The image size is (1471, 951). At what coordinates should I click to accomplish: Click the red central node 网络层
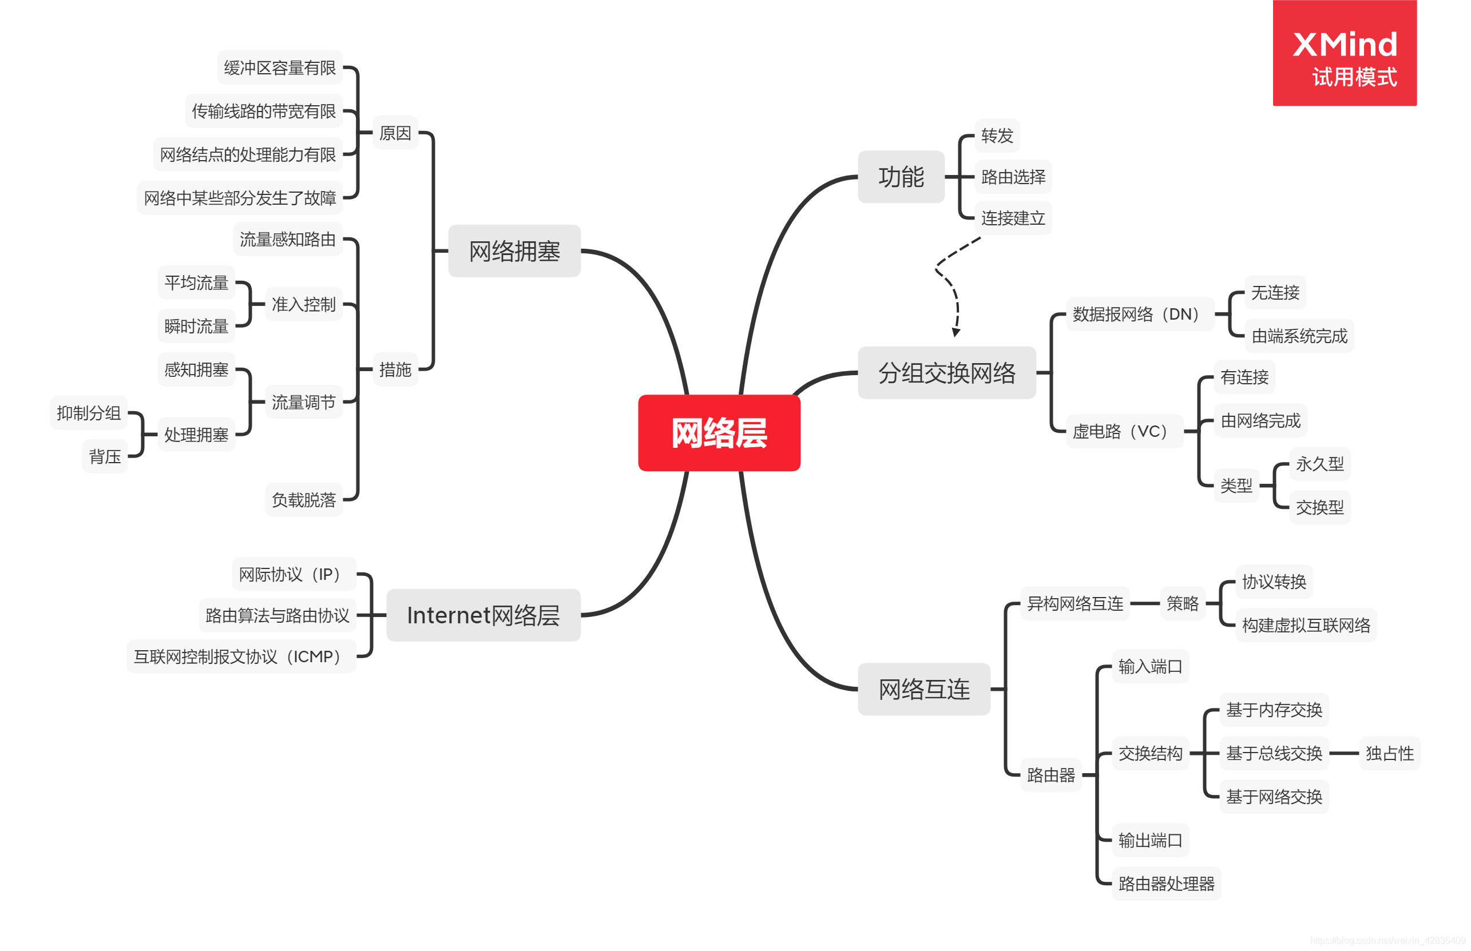click(719, 432)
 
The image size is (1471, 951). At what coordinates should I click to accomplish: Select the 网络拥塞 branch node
click(514, 250)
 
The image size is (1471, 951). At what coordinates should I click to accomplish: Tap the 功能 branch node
click(900, 177)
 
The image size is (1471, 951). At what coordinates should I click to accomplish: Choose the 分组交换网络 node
click(946, 372)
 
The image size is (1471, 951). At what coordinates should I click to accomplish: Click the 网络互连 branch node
click(923, 689)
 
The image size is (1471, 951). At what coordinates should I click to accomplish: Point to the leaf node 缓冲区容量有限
click(279, 67)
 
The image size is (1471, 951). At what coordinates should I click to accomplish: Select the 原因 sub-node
click(395, 133)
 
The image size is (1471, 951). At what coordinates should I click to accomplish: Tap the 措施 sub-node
click(395, 369)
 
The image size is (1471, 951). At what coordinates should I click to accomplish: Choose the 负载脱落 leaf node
click(303, 500)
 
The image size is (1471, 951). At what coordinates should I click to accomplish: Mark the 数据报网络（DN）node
click(1139, 314)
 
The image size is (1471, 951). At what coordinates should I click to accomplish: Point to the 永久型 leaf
click(1319, 463)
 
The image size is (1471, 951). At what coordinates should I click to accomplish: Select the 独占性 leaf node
click(1389, 753)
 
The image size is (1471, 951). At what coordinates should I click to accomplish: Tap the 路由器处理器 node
click(1166, 883)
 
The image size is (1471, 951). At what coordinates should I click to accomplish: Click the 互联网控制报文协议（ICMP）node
click(241, 656)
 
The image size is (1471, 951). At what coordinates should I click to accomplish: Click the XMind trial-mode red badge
click(1344, 53)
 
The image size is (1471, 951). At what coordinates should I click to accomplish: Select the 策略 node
click(1182, 603)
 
